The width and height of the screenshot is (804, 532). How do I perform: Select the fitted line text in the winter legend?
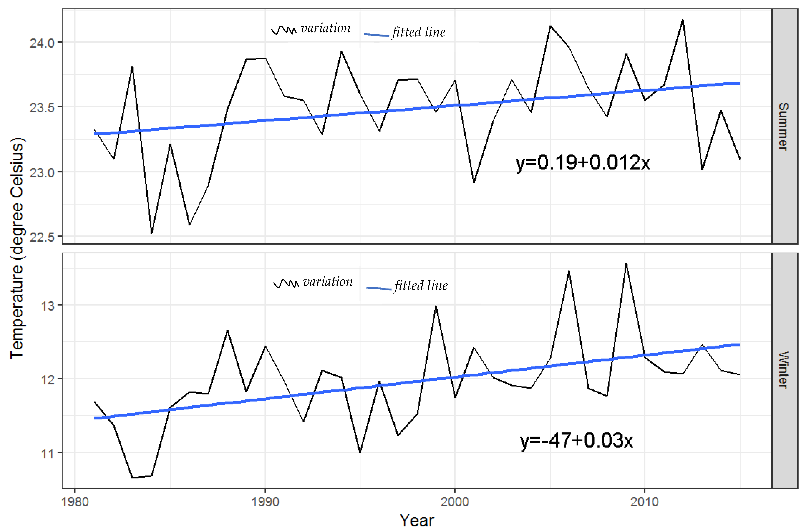(x=421, y=285)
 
